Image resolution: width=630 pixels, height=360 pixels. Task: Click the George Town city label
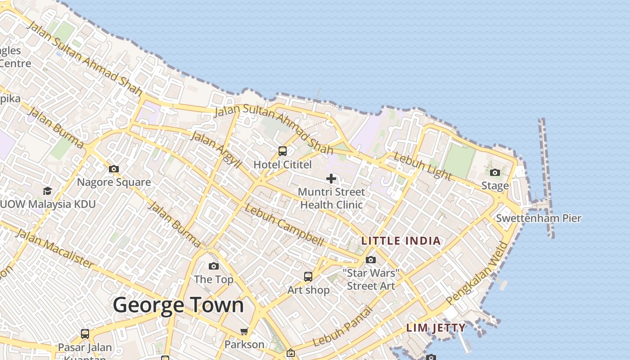178,305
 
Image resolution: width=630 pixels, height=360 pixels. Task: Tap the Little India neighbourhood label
401,241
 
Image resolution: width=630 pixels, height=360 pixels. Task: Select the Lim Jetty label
436,328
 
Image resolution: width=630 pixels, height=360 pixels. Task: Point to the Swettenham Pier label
539,219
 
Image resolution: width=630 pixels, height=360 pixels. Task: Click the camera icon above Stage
495,172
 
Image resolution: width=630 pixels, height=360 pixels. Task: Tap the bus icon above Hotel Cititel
283,151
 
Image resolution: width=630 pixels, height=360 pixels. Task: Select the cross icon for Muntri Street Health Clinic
331,179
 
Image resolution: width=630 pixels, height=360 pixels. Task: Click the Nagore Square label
114,182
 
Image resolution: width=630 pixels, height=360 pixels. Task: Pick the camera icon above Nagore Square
114,169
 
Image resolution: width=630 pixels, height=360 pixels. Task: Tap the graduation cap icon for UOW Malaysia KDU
47,191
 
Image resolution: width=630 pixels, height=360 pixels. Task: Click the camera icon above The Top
214,266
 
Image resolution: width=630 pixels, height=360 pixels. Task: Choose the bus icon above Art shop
308,277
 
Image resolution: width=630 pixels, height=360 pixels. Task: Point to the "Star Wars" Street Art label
371,279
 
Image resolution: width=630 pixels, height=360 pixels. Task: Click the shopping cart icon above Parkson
244,332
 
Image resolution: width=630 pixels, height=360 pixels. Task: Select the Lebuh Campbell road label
284,225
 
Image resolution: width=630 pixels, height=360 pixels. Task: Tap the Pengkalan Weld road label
477,273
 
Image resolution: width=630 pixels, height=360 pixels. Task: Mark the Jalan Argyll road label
216,149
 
